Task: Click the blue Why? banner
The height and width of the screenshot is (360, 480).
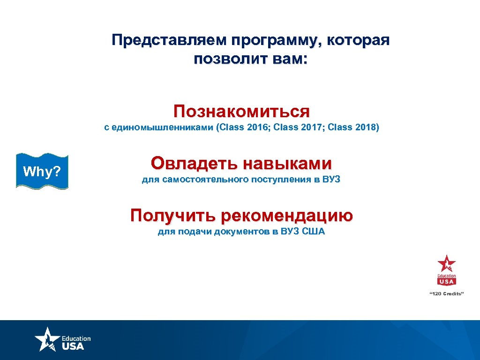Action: pyautogui.click(x=42, y=172)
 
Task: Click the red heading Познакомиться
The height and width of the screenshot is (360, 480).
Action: pyautogui.click(x=241, y=112)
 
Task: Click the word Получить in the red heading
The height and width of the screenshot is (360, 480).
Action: pyautogui.click(x=173, y=216)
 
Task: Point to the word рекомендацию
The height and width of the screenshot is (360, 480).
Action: pyautogui.click(x=286, y=216)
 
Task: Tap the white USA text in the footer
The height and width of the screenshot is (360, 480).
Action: pyautogui.click(x=73, y=346)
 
